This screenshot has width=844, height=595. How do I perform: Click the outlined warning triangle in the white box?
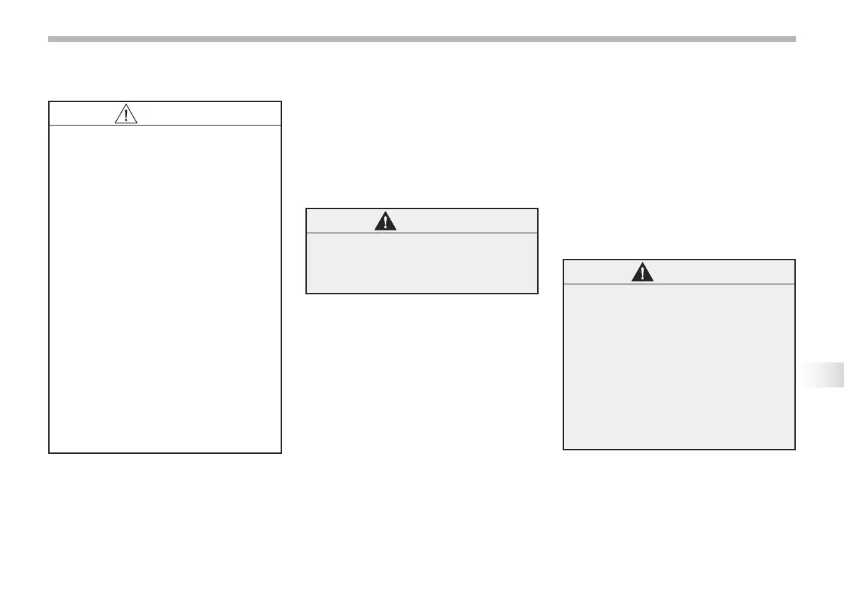tap(125, 114)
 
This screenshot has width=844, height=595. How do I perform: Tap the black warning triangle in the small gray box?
tap(385, 221)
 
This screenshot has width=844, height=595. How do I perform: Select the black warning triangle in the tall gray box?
tap(643, 272)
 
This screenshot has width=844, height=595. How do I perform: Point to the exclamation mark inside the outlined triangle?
tap(125, 116)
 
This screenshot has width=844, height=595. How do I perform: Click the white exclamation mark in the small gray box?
tap(385, 223)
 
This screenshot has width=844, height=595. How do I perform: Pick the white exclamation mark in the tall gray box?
tap(643, 274)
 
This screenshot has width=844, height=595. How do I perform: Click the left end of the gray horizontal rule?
tap(50, 39)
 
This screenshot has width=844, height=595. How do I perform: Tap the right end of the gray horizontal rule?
tap(794, 39)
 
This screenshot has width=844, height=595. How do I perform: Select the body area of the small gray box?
tap(422, 262)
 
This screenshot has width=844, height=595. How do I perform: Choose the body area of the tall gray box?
tap(679, 366)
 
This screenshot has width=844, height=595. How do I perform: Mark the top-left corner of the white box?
tap(49, 102)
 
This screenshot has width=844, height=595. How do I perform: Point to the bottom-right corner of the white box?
tap(281, 452)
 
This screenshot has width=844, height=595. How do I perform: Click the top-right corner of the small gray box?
tap(538, 208)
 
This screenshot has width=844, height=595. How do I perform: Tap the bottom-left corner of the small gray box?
tap(306, 293)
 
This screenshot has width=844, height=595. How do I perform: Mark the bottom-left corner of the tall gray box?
tap(563, 449)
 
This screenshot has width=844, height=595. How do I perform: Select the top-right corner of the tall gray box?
tap(794, 260)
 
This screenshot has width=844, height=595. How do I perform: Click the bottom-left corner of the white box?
tap(49, 452)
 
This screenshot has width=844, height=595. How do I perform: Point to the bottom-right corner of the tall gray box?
tap(794, 449)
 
